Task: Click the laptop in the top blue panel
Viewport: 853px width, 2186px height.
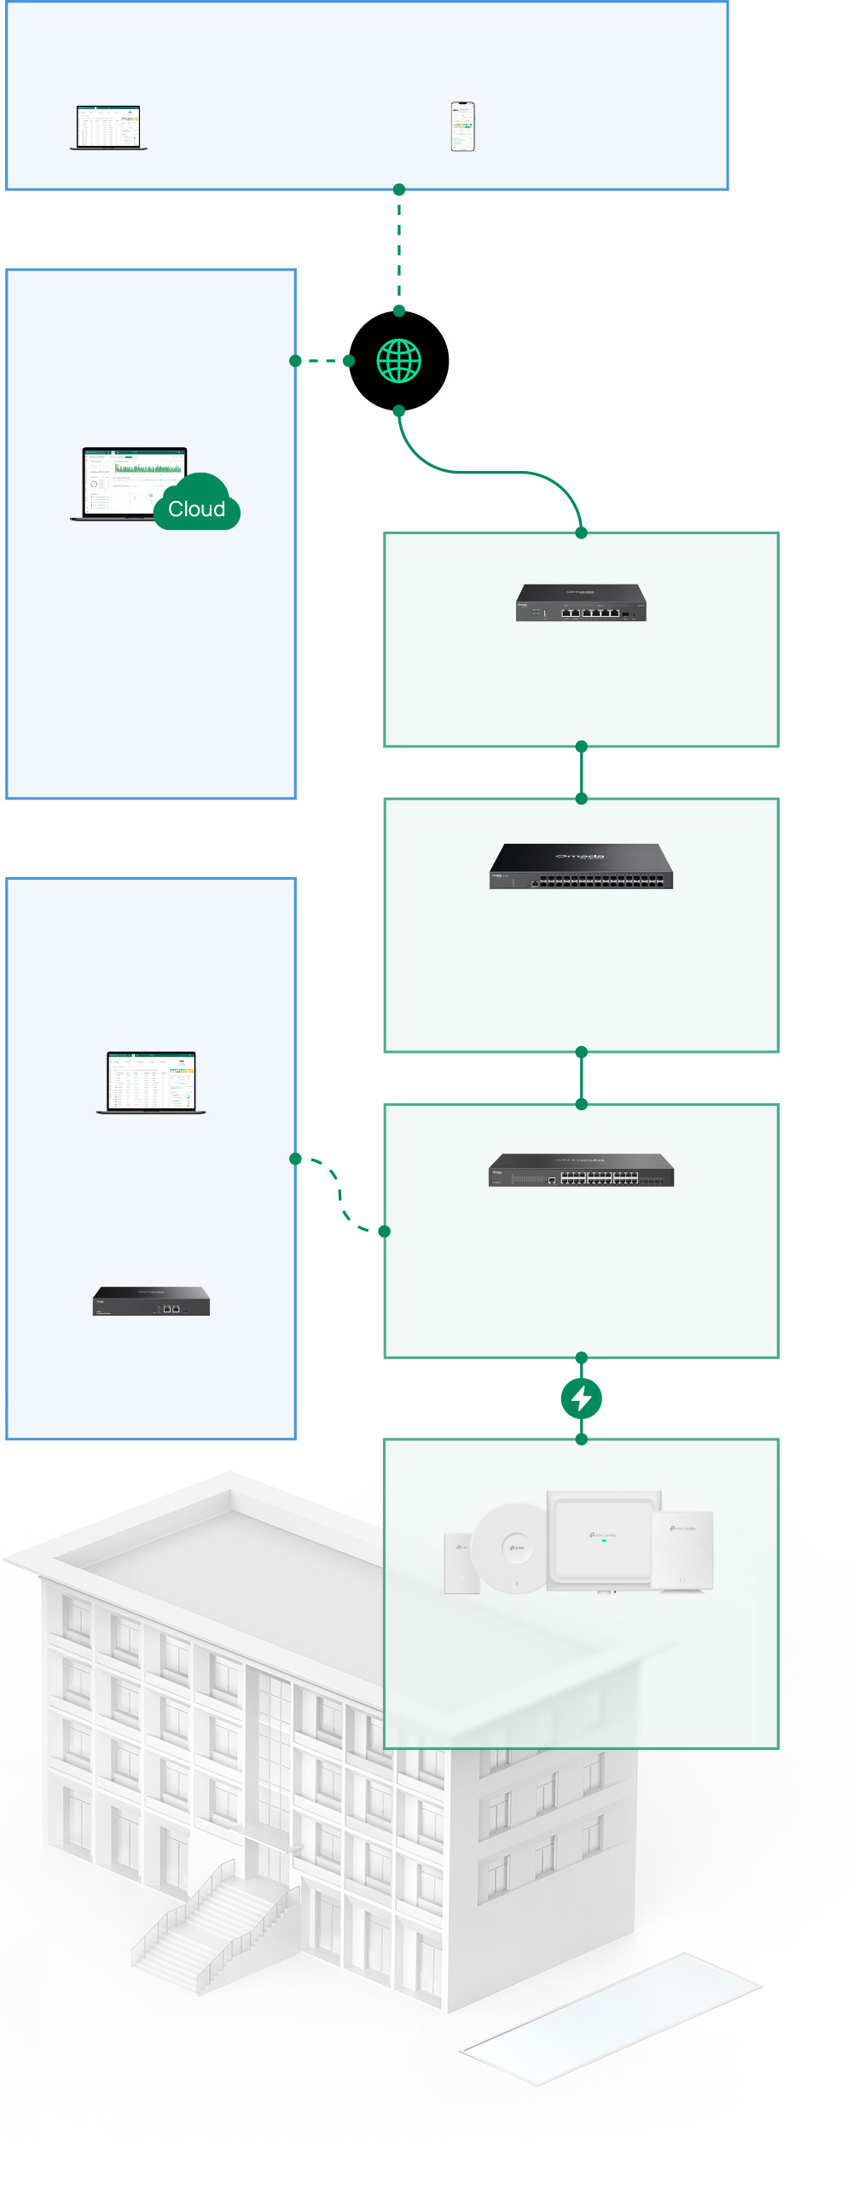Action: tap(108, 128)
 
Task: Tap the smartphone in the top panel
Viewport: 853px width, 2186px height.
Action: tap(462, 126)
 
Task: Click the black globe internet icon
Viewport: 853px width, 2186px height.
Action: tap(398, 361)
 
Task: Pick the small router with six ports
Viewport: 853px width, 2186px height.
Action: tap(581, 602)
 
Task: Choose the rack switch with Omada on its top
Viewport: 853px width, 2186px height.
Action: tap(581, 866)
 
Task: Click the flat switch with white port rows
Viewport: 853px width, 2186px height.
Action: tap(581, 1171)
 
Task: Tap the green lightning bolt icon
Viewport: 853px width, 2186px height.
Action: tap(581, 1398)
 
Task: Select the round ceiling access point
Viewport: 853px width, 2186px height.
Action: tap(510, 1548)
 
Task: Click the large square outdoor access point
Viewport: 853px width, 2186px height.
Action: tap(604, 1540)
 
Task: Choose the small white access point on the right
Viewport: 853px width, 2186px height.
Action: tap(682, 1550)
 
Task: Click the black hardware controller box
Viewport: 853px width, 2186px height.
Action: tap(151, 1301)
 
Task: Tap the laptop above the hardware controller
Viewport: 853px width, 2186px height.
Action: tap(151, 1082)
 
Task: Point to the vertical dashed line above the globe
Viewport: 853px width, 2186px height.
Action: tap(398, 250)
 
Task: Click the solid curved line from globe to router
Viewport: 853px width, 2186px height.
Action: tap(486, 471)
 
